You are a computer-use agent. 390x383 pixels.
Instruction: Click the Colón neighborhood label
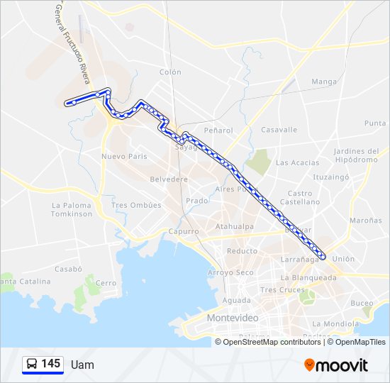click(x=170, y=72)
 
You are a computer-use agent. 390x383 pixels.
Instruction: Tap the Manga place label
click(x=324, y=82)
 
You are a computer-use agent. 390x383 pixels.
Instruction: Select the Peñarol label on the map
click(x=218, y=131)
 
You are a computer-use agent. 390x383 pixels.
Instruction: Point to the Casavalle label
click(x=279, y=130)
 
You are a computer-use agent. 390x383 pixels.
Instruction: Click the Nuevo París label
click(x=124, y=156)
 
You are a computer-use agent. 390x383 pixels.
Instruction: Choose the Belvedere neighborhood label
click(x=169, y=179)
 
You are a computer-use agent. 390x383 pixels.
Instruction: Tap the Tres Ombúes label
click(x=136, y=205)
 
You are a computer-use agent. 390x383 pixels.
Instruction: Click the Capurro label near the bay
click(x=184, y=231)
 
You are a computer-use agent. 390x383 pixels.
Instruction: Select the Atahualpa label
click(x=235, y=227)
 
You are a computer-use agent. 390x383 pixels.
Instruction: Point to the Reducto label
click(x=242, y=251)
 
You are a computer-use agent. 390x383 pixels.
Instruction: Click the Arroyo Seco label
click(x=230, y=272)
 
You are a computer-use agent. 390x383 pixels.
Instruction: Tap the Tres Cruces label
click(x=282, y=289)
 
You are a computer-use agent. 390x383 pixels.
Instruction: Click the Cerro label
click(x=106, y=283)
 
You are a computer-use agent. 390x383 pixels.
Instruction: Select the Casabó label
click(x=69, y=269)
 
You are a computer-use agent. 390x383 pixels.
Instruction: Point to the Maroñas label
click(x=365, y=221)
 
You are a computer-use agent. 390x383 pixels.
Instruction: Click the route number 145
click(x=51, y=363)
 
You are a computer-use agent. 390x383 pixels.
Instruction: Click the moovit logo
click(x=336, y=365)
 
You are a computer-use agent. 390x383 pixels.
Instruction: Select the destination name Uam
click(x=82, y=365)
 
